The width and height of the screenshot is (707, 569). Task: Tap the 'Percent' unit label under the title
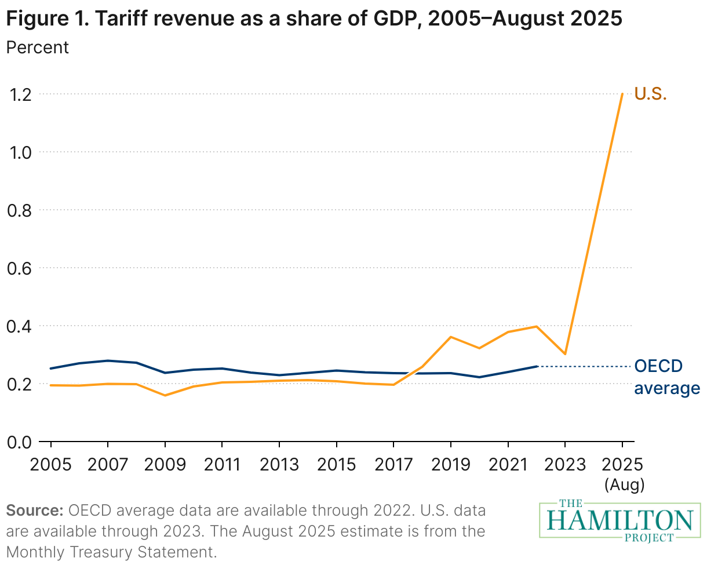[x=37, y=47]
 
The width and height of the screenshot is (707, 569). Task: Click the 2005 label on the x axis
[x=51, y=465]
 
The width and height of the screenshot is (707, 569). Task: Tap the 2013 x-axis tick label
[x=279, y=465]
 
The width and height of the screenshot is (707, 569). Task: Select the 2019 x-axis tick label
[x=451, y=465]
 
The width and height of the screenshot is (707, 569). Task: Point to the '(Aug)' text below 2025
[x=624, y=484]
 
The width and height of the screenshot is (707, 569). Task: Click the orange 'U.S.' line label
[x=650, y=94]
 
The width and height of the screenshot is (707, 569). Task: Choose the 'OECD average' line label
[x=666, y=377]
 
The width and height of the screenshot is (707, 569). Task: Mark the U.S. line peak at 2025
[x=622, y=94]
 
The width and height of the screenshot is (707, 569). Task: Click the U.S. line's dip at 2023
[x=565, y=353]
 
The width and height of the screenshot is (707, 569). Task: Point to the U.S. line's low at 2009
[x=165, y=395]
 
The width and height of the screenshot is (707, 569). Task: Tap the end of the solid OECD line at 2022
[x=537, y=366]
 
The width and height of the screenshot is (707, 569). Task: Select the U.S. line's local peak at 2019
[x=451, y=337]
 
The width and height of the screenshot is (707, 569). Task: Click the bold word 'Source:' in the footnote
[x=34, y=510]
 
